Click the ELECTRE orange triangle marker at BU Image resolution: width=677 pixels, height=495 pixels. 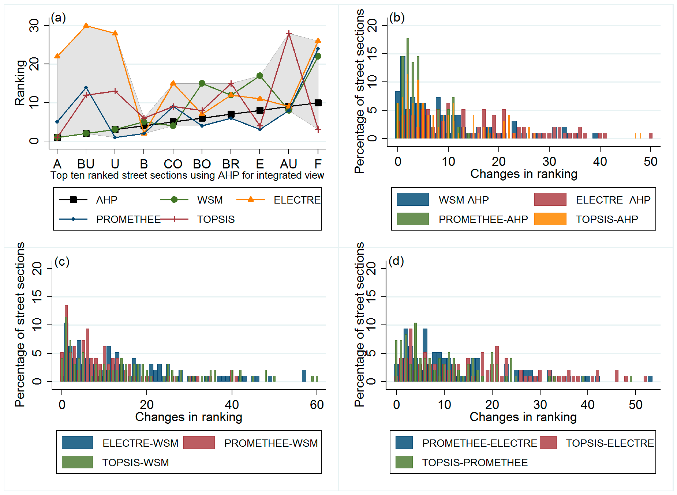pyautogui.click(x=86, y=25)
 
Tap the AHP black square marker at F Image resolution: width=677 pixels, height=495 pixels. pyautogui.click(x=318, y=103)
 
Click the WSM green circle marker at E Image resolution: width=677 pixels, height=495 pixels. pyautogui.click(x=260, y=76)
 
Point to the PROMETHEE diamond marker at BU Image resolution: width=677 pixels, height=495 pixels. pyautogui.click(x=86, y=88)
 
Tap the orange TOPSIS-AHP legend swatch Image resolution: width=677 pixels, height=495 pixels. pyautogui.click(x=550, y=219)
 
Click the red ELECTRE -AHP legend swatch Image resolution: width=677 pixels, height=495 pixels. pyautogui.click(x=550, y=199)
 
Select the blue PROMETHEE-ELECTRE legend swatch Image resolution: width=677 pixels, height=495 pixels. pyautogui.click(x=404, y=443)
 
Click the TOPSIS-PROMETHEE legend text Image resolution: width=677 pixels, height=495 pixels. pyautogui.click(x=475, y=462)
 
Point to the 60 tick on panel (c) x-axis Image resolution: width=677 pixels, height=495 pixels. pyautogui.click(x=317, y=405)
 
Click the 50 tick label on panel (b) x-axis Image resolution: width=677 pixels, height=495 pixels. pyautogui.click(x=650, y=162)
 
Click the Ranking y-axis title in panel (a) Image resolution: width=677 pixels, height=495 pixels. pyautogui.click(x=20, y=83)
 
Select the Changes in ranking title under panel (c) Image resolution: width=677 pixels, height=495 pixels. pyautogui.click(x=189, y=417)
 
